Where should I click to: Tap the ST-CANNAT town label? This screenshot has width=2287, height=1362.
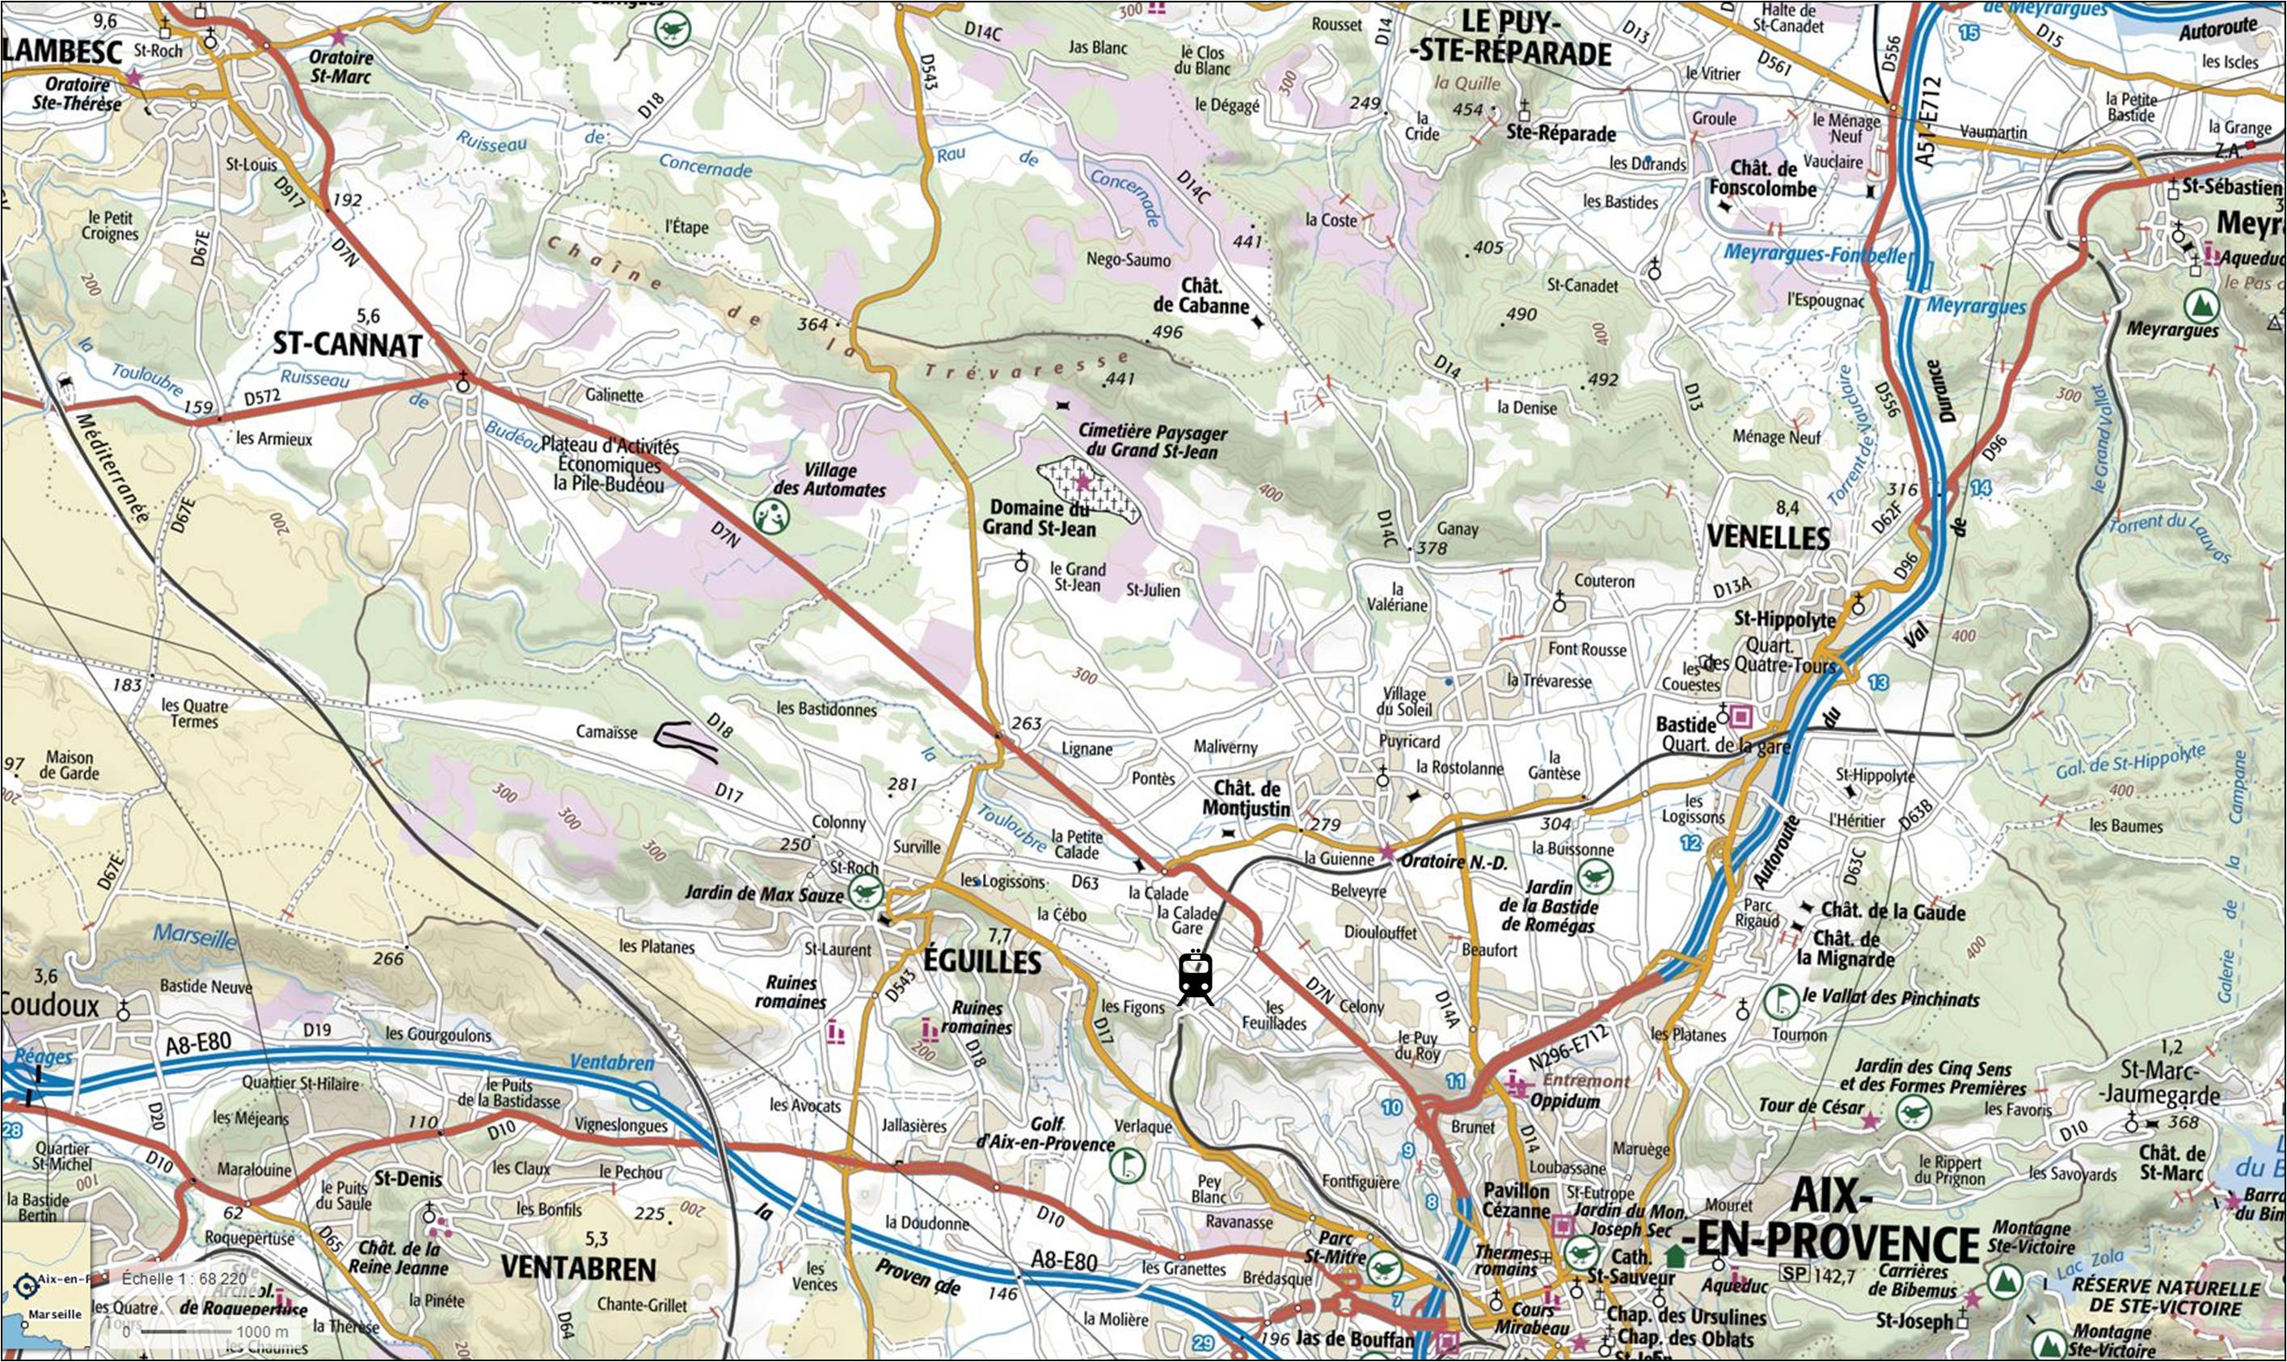pyautogui.click(x=348, y=345)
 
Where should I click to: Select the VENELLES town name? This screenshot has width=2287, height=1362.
pyautogui.click(x=1768, y=537)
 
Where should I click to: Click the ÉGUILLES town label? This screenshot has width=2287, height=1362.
pyautogui.click(x=981, y=961)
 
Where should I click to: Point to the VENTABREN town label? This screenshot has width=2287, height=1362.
pyautogui.click(x=578, y=1269)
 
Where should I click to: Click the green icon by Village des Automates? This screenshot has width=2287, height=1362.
pyautogui.click(x=771, y=518)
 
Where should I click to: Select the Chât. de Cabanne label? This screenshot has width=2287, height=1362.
pyautogui.click(x=1200, y=295)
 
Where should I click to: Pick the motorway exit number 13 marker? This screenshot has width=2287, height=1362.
pyautogui.click(x=1878, y=682)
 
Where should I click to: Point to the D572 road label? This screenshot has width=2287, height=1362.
pyautogui.click(x=261, y=396)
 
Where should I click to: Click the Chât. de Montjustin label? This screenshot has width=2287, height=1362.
pyautogui.click(x=1246, y=798)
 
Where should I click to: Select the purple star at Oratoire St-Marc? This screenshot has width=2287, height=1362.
pyautogui.click(x=339, y=38)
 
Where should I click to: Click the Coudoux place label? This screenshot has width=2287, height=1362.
pyautogui.click(x=50, y=1005)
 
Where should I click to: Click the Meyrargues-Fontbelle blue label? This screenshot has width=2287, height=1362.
pyautogui.click(x=1815, y=253)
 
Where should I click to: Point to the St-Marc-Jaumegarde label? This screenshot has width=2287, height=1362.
pyautogui.click(x=2171, y=1082)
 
